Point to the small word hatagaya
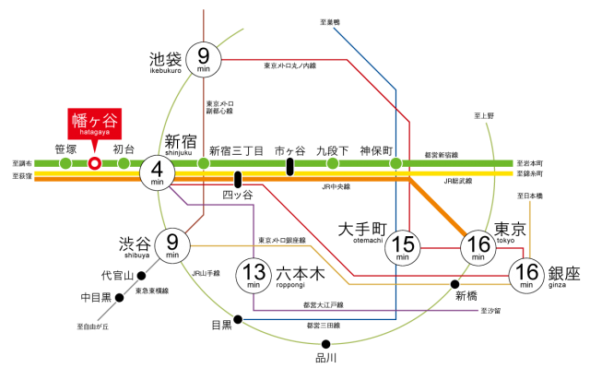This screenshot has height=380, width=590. [95, 133]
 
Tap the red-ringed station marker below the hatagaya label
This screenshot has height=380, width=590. [94, 163]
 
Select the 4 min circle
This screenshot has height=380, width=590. [157, 172]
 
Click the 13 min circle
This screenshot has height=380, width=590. [254, 275]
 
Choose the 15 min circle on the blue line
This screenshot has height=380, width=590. [402, 247]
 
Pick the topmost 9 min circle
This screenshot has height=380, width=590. [204, 59]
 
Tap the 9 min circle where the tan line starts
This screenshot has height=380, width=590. [172, 245]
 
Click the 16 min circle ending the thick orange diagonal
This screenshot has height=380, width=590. [478, 247]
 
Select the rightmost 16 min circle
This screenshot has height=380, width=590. [526, 275]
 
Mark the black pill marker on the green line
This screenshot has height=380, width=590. [289, 166]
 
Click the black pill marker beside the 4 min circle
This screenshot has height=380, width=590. [238, 179]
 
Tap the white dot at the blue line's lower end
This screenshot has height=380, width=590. [238, 319]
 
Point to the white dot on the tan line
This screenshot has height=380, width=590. [454, 284]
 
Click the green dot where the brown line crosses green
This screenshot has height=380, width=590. [204, 163]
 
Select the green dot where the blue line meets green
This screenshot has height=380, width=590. [395, 163]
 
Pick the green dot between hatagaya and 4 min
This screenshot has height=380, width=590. [124, 163]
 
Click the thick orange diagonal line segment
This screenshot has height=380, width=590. [438, 207]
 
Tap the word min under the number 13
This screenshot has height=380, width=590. [254, 285]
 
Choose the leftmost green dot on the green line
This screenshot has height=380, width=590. [65, 163]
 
